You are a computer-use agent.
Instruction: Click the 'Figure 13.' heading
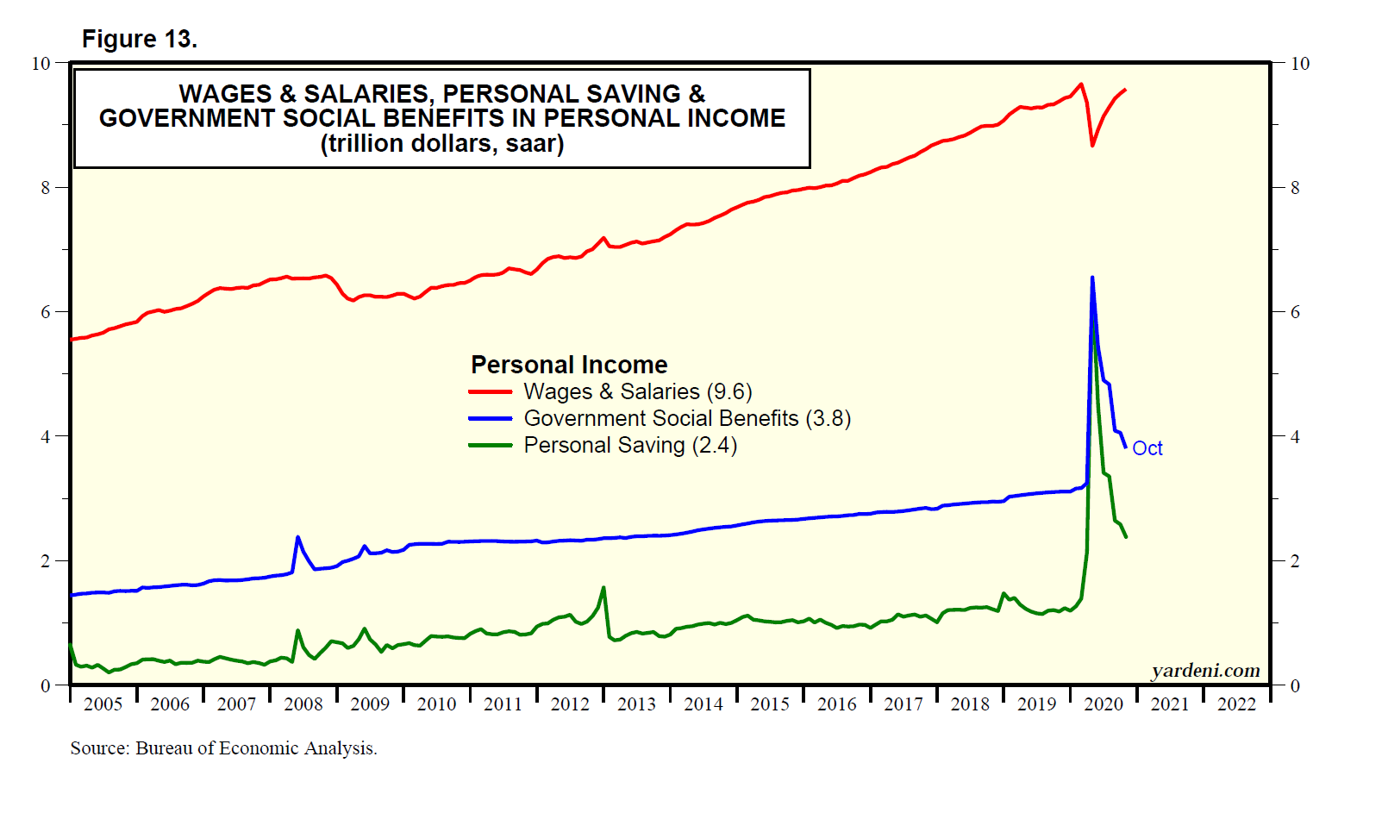tap(139, 39)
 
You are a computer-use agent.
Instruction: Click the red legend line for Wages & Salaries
tap(491, 391)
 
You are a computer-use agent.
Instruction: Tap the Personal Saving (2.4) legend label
tap(630, 445)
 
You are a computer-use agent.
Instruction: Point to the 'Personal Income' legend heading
tap(569, 365)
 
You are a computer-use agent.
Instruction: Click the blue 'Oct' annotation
tap(1147, 448)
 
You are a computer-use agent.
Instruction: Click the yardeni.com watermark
tap(1205, 670)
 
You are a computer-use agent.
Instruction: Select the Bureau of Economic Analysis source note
tap(223, 747)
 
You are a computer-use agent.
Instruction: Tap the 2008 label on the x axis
tap(303, 704)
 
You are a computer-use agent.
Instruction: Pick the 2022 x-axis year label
tap(1236, 704)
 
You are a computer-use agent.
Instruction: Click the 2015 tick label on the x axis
tap(770, 704)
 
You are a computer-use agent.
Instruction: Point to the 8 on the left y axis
tap(46, 187)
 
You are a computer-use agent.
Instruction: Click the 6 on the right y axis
tap(1294, 312)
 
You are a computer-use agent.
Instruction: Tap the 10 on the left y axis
tap(41, 63)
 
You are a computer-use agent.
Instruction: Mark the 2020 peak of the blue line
tap(1092, 278)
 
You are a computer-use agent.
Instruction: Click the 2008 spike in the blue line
tap(298, 537)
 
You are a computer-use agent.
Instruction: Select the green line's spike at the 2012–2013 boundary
tap(603, 587)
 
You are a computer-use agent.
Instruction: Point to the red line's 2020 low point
tap(1092, 146)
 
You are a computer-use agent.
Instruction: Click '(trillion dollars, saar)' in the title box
tap(442, 143)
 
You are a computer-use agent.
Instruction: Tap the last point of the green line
tap(1126, 537)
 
